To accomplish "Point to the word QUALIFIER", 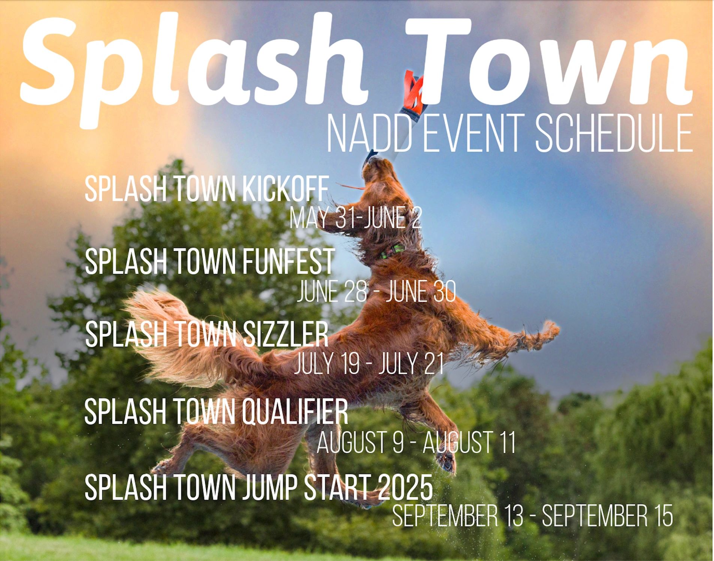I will [294, 412].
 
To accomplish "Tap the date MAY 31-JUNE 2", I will [356, 218].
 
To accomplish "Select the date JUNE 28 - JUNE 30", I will [376, 292].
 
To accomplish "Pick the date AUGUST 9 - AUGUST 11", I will [416, 442].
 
